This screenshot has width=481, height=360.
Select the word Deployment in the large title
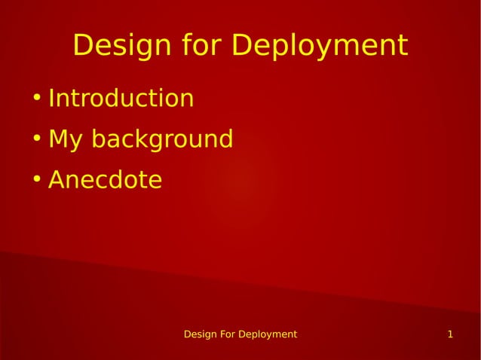pyautogui.click(x=320, y=46)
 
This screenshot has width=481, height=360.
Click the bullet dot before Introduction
pyautogui.click(x=36, y=99)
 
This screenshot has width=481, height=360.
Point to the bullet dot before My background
pyautogui.click(x=36, y=139)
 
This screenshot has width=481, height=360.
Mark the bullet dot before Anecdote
pyautogui.click(x=36, y=180)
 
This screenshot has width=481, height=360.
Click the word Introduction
pyautogui.click(x=121, y=99)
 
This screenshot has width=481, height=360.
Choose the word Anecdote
pyautogui.click(x=105, y=180)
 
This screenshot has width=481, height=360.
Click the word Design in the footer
pyautogui.click(x=201, y=334)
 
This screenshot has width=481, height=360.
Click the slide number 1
pyautogui.click(x=450, y=334)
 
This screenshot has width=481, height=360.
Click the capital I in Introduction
pyautogui.click(x=51, y=99)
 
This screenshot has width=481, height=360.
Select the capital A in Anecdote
pyautogui.click(x=57, y=180)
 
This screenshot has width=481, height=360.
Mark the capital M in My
pyautogui.click(x=58, y=139)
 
